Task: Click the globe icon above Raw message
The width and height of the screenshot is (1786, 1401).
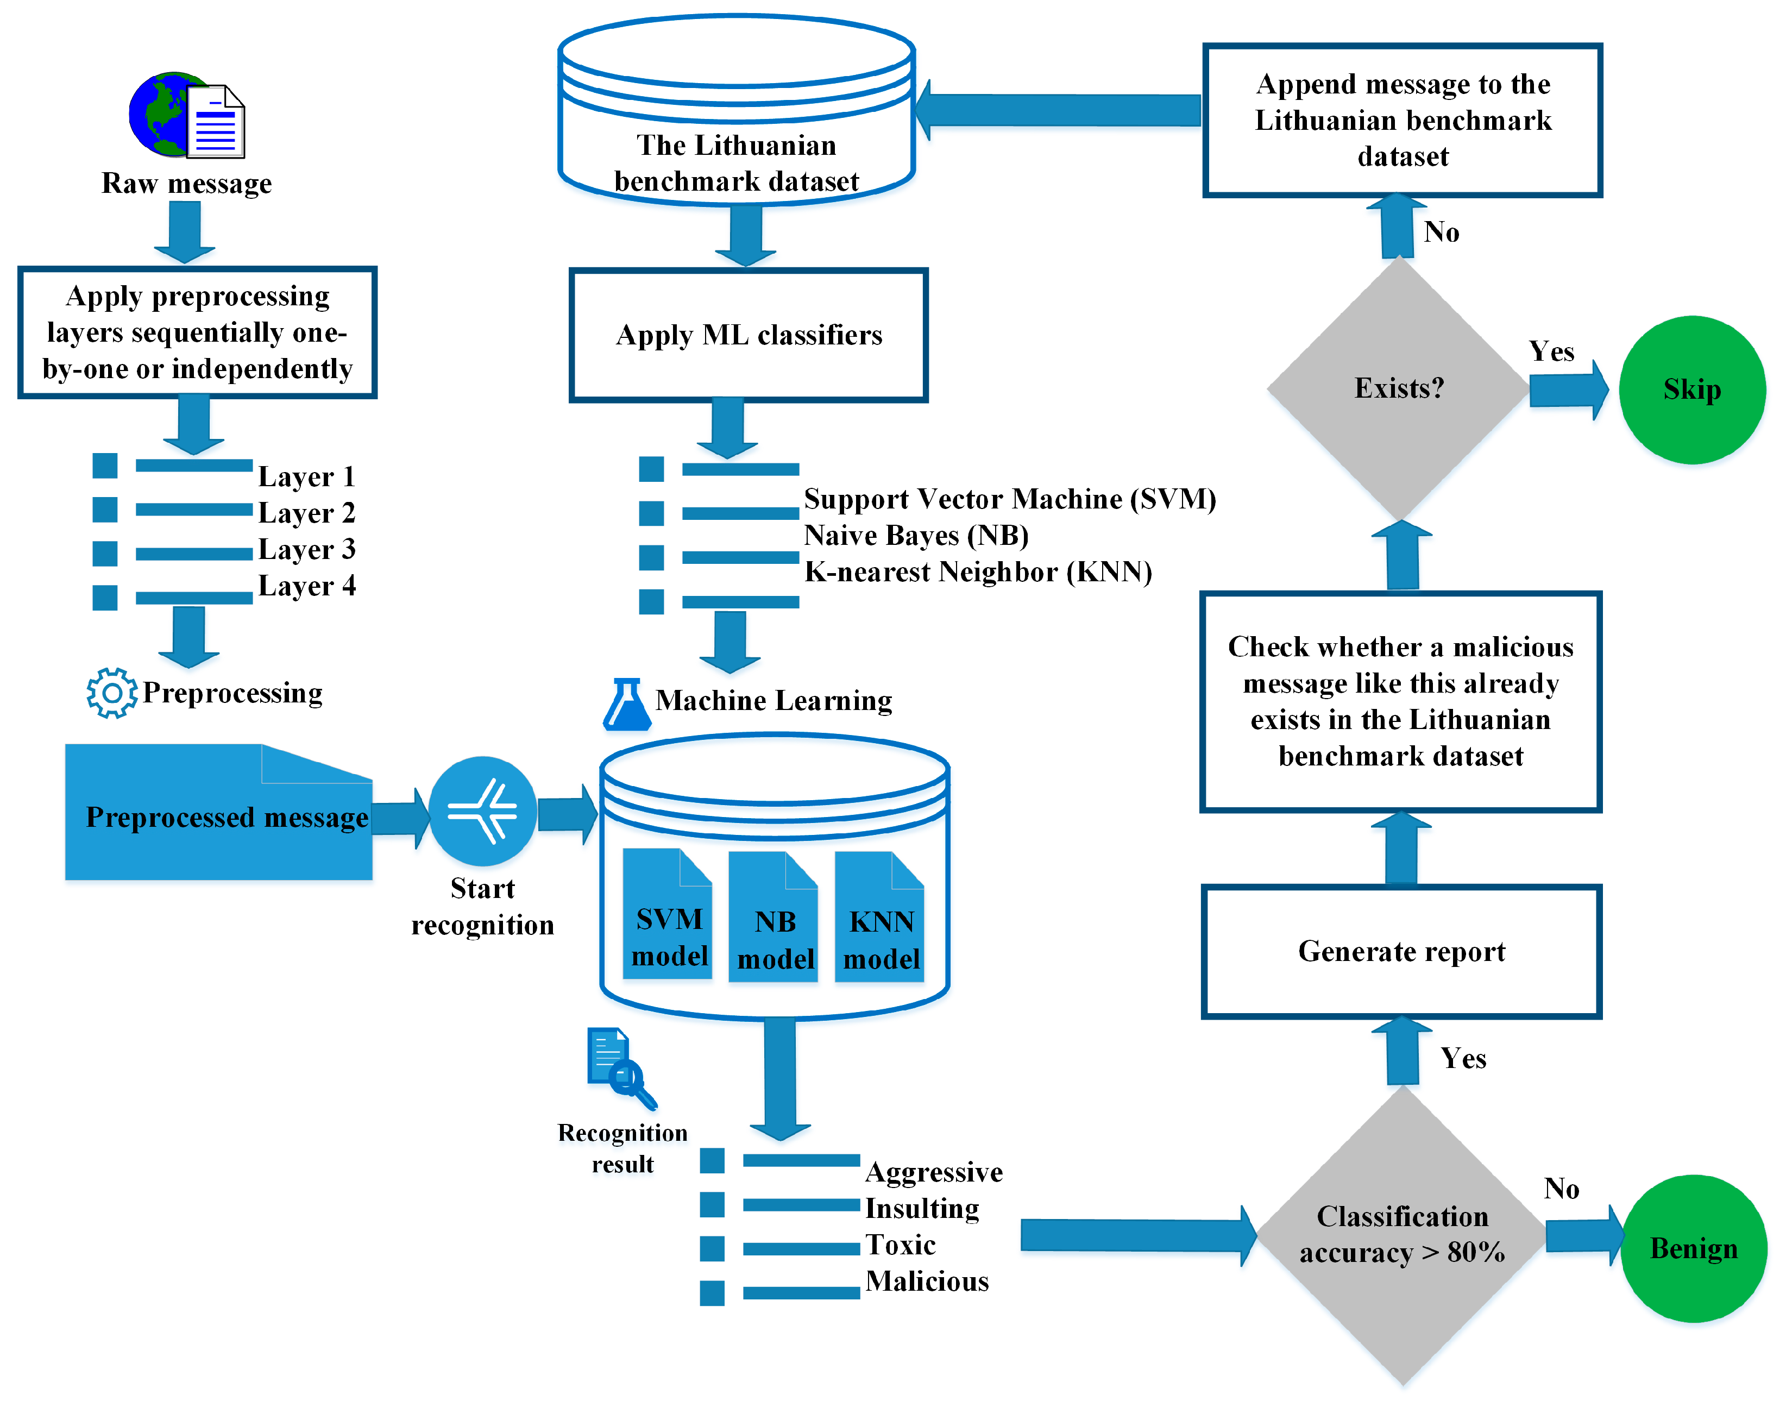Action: click(168, 115)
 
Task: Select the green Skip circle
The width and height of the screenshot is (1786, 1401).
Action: click(1691, 391)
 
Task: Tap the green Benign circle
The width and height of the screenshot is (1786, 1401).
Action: click(1693, 1248)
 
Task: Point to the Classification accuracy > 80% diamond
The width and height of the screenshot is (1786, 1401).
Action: click(1402, 1234)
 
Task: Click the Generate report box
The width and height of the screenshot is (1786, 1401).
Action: click(1401, 952)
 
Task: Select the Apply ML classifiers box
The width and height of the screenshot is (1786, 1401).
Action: click(749, 335)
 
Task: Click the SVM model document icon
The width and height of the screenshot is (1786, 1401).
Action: click(668, 915)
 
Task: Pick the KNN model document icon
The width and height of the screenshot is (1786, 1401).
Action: click(880, 917)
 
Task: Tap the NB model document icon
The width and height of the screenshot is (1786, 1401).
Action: click(774, 917)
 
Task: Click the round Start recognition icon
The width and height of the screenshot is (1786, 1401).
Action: click(483, 811)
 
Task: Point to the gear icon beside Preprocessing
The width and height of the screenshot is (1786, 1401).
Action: click(111, 693)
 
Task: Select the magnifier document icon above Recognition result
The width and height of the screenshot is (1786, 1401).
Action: click(621, 1067)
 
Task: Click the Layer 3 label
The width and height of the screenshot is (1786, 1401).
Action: click(307, 549)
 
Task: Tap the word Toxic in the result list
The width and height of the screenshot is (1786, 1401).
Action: click(901, 1245)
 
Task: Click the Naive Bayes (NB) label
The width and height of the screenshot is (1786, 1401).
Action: click(916, 536)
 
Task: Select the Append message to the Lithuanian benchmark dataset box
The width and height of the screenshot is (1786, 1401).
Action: click(1402, 121)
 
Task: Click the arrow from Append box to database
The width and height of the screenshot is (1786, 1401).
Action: click(1058, 110)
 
